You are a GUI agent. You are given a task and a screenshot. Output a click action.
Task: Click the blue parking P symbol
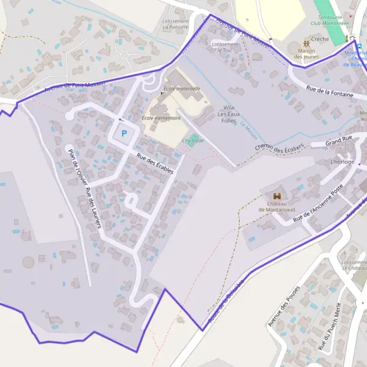point(124,133)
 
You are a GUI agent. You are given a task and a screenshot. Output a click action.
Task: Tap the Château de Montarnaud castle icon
point(277,197)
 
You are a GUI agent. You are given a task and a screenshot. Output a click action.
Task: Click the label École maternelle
point(182,89)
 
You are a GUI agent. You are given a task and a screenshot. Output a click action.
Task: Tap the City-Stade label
point(193,141)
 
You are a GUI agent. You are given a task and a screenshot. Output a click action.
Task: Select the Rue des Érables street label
point(155,163)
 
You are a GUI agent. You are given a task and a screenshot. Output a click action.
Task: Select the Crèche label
point(320,39)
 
